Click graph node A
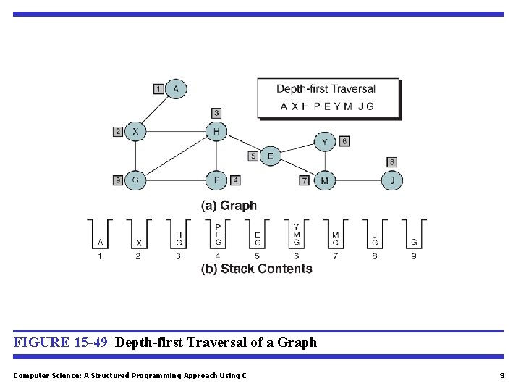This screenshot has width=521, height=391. click(176, 89)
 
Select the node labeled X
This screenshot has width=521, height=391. click(135, 132)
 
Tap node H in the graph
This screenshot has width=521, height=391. click(216, 132)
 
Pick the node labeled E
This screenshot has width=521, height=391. click(271, 156)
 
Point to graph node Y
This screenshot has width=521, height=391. click(324, 142)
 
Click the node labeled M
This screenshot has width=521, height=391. click(324, 180)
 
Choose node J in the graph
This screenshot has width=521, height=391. click(392, 180)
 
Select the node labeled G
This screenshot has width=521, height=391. click(135, 180)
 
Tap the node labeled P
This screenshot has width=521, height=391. click(216, 180)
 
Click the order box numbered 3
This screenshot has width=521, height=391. click(216, 113)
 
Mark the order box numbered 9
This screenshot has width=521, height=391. click(118, 180)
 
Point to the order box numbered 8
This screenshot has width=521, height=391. click(391, 161)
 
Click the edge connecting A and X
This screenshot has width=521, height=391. click(156, 111)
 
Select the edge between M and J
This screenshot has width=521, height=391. click(358, 180)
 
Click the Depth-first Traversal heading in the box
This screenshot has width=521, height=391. click(326, 89)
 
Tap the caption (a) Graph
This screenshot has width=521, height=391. click(229, 206)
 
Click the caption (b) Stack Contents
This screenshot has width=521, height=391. click(257, 269)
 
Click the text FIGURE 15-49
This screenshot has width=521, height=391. click(62, 342)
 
